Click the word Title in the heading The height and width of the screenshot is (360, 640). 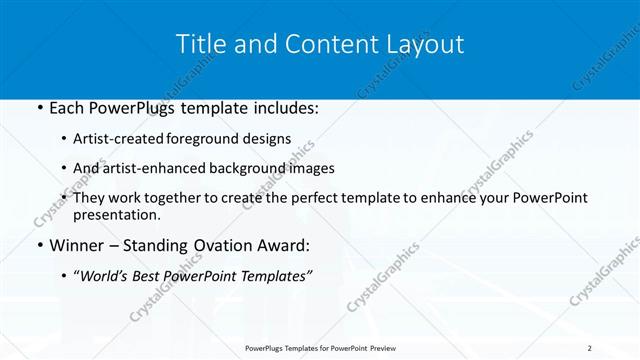(200, 44)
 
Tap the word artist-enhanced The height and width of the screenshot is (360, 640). (156, 169)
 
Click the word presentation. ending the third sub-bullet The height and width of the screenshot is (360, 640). (116, 214)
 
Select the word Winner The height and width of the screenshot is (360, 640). (78, 244)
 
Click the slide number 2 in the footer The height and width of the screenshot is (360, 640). (589, 347)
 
